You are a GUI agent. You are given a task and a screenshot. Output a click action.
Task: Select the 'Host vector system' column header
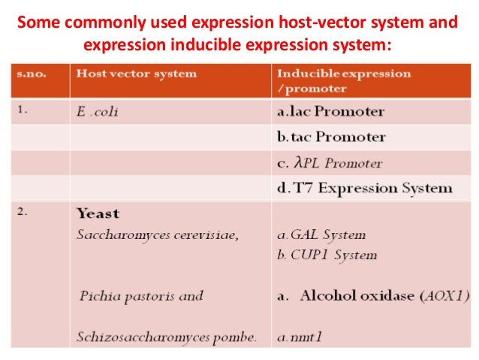pyautogui.click(x=135, y=74)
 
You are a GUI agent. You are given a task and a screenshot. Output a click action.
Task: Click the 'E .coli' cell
pyautogui.click(x=98, y=113)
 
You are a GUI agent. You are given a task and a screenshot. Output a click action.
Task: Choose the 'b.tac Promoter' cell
pyautogui.click(x=331, y=138)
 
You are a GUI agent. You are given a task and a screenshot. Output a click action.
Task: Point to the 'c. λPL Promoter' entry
pyautogui.click(x=330, y=162)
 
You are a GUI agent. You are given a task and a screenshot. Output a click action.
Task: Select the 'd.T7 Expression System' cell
pyautogui.click(x=364, y=188)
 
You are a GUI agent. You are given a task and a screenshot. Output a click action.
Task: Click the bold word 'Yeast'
pyautogui.click(x=98, y=213)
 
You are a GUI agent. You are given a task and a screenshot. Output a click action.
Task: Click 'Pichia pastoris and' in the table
pyautogui.click(x=141, y=295)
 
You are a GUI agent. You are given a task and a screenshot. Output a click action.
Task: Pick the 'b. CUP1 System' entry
pyautogui.click(x=327, y=255)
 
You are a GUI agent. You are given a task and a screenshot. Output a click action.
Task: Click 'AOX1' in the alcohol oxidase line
pyautogui.click(x=449, y=295)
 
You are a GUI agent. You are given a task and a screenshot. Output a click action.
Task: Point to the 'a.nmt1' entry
pyautogui.click(x=297, y=337)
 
